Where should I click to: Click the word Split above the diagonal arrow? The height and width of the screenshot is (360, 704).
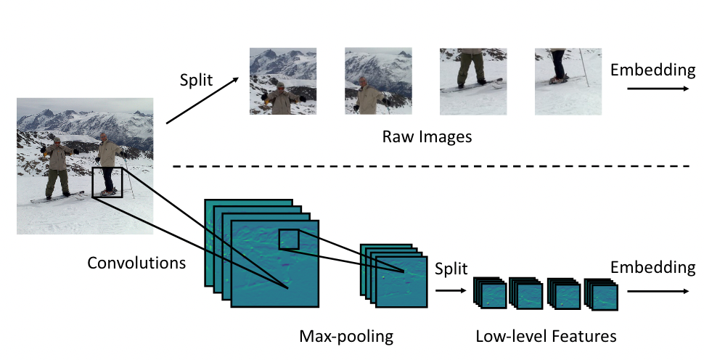click(x=196, y=79)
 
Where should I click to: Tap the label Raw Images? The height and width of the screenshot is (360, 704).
click(x=427, y=136)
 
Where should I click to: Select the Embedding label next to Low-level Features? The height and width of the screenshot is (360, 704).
click(x=652, y=268)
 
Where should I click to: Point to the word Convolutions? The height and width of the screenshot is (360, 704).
click(x=136, y=262)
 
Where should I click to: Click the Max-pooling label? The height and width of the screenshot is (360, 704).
click(x=346, y=337)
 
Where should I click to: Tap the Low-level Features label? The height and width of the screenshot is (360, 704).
click(x=546, y=337)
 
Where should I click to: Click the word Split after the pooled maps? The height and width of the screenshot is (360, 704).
click(x=450, y=268)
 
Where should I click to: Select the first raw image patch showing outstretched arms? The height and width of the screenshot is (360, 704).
click(x=283, y=81)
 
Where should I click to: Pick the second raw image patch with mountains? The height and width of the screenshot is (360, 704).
click(x=378, y=81)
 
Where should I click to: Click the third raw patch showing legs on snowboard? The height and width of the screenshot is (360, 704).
click(x=473, y=81)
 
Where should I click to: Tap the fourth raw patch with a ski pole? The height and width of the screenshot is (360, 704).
click(x=568, y=81)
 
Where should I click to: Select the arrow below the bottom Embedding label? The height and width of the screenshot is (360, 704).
click(x=657, y=290)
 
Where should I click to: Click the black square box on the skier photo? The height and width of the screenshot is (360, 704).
click(x=108, y=182)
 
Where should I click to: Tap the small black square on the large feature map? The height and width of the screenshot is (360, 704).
click(x=289, y=239)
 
